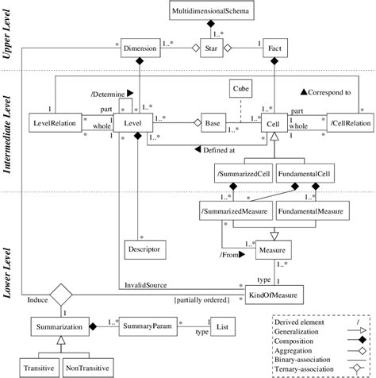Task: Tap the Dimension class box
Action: pos(140,51)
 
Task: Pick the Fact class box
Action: pos(273,51)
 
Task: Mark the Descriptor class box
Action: pos(141,249)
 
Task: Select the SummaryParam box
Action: pos(139,326)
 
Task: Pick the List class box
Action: pos(223,326)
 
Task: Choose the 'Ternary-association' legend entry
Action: pos(305,367)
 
